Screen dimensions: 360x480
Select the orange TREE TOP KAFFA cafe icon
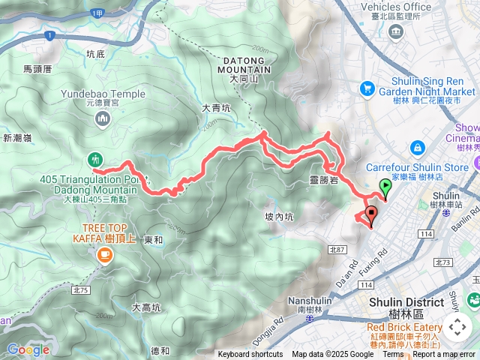pos(102,256)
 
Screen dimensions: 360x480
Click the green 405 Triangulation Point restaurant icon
pos(94,159)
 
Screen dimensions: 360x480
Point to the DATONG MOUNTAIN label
pos(244,65)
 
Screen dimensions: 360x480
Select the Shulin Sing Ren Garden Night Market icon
pos(367,88)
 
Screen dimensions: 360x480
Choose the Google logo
pos(28,349)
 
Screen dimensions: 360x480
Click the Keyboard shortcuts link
pos(250,355)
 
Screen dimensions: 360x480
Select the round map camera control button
pos(457,326)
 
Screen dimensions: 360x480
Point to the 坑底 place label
pos(95,54)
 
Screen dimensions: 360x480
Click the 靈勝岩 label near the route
pos(323,181)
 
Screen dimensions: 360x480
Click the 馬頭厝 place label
pos(37,68)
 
